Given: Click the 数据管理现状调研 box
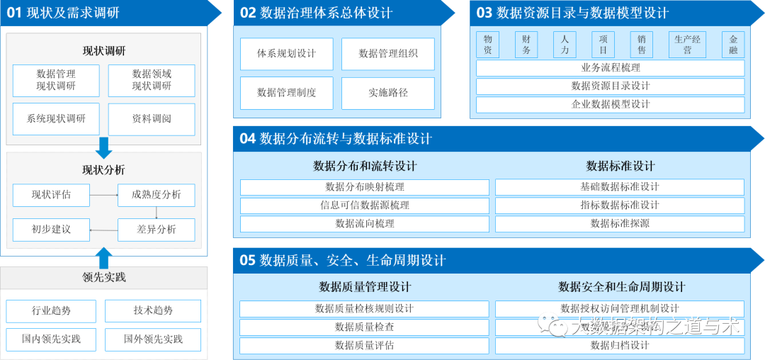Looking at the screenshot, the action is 56,80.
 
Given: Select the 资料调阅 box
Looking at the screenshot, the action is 152,118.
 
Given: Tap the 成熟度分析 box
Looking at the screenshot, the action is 156,195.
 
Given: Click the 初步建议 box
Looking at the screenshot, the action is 51,230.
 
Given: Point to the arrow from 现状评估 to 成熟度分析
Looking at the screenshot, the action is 103,195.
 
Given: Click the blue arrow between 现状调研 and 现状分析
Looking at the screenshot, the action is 104,147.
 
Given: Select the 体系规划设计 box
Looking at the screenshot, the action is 286,54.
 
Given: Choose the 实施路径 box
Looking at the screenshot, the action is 388,93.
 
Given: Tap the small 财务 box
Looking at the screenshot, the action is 526,45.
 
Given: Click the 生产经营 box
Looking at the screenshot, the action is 687,45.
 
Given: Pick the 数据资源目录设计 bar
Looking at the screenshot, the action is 610,86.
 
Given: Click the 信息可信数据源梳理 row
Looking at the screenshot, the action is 365,206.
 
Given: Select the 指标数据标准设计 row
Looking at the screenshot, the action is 620,206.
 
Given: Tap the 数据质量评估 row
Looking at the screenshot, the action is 365,346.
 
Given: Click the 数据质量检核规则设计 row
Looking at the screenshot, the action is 365,309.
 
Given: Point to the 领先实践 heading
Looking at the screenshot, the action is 104,277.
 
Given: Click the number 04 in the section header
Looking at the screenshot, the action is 247,139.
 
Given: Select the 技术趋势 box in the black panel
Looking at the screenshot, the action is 153,310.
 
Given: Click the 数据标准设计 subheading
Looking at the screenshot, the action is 620,166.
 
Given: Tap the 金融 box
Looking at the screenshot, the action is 733,45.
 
